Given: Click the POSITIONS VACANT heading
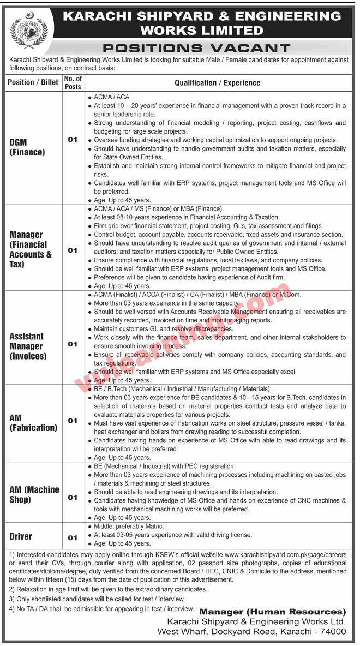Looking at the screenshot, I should click(196, 49).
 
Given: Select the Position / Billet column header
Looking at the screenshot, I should click(33, 83).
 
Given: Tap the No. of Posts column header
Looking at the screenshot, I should click(73, 83).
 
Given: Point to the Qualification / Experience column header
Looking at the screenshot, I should click(217, 83).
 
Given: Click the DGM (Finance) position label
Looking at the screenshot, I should click(27, 148).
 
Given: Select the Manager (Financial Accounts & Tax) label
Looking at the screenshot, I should click(31, 249).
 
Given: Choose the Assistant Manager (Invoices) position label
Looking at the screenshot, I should click(28, 346).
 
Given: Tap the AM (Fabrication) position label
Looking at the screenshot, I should click(33, 423).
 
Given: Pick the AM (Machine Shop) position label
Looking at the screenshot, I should click(34, 494).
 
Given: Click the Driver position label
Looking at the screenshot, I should click(21, 536).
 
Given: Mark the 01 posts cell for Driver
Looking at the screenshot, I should click(73, 537).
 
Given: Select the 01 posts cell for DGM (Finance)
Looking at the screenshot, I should click(73, 140).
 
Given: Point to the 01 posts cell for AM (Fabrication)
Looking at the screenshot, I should click(73, 421).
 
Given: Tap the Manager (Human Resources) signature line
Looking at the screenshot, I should click(272, 612).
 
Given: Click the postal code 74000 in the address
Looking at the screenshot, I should click(332, 631).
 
